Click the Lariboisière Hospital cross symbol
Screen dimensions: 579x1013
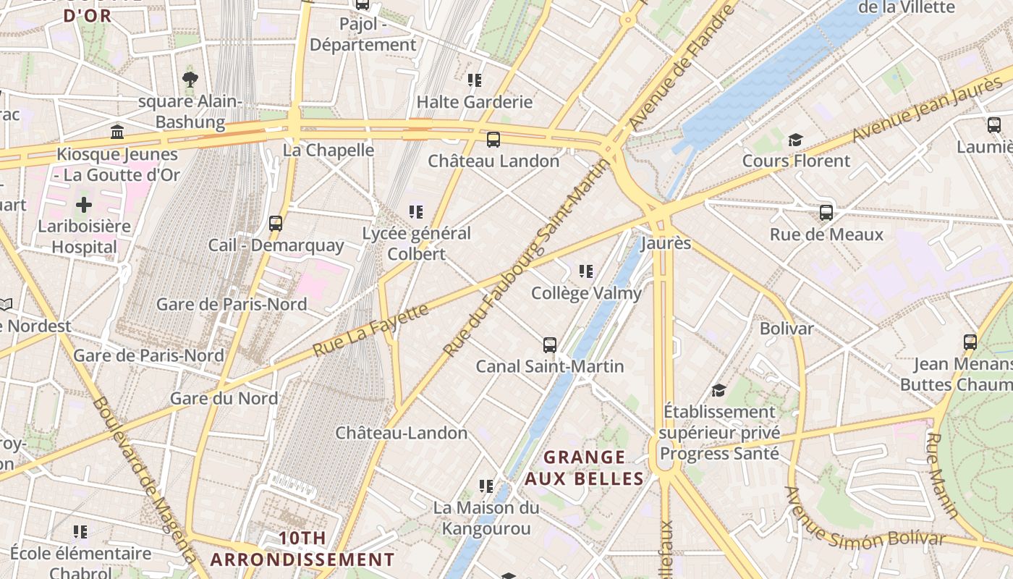pos(84,205)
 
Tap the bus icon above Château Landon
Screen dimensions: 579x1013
pos(493,140)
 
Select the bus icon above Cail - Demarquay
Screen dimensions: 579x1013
pos(276,224)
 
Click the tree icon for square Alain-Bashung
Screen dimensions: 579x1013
pos(190,79)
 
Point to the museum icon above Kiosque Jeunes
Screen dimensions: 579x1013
pos(117,132)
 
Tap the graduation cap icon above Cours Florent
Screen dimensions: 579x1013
pos(796,140)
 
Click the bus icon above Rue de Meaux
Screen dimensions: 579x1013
pos(826,213)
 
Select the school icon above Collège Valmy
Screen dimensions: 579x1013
pos(586,271)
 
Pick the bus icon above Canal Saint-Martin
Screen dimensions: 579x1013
pos(550,345)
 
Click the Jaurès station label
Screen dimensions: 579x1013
pos(666,243)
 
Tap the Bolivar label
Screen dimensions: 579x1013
pos(787,329)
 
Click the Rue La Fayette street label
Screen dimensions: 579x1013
pos(370,330)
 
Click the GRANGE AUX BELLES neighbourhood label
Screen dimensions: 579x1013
pos(584,468)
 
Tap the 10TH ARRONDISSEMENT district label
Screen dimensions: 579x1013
pos(302,549)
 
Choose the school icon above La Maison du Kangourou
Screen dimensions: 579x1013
pos(486,486)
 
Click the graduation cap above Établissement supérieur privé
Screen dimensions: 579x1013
pos(719,390)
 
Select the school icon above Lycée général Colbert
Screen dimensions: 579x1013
pos(416,211)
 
